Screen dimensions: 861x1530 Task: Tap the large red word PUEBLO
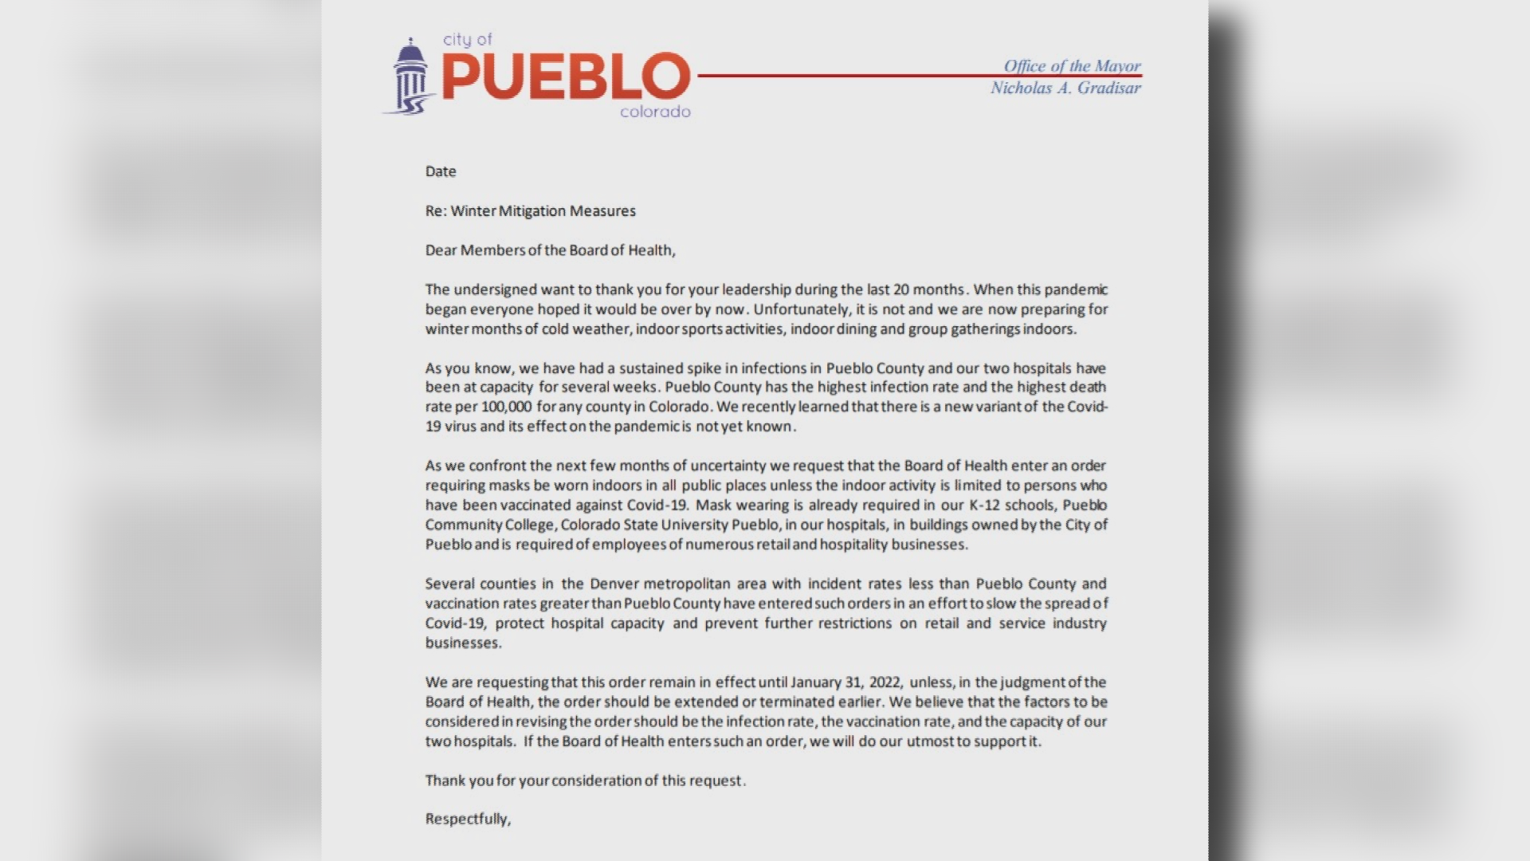coord(565,77)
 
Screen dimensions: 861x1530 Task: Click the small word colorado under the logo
coord(655,112)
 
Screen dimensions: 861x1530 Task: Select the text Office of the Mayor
coord(1072,66)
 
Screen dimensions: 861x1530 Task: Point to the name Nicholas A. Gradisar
coord(1065,88)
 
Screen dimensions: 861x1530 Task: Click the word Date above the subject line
coord(441,171)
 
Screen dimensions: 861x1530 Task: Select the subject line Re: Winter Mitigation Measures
coord(530,211)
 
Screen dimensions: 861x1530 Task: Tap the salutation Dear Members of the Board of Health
coord(550,250)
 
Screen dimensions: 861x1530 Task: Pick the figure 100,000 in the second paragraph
coord(506,407)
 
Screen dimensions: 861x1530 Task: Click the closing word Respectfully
coord(468,819)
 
